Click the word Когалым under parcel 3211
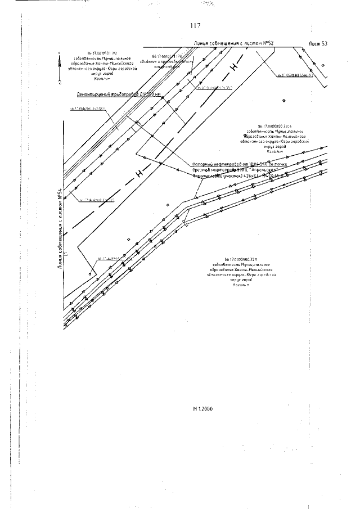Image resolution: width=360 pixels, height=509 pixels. [x=242, y=285]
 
